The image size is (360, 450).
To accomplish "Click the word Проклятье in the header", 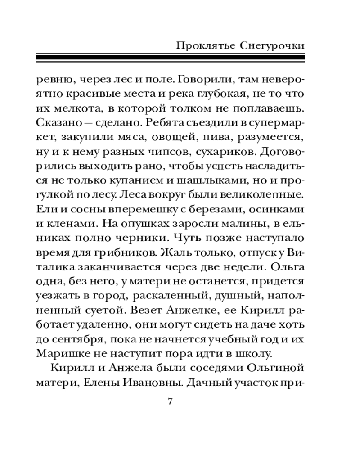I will [x=202, y=46].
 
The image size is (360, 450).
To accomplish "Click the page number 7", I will [x=170, y=401].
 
